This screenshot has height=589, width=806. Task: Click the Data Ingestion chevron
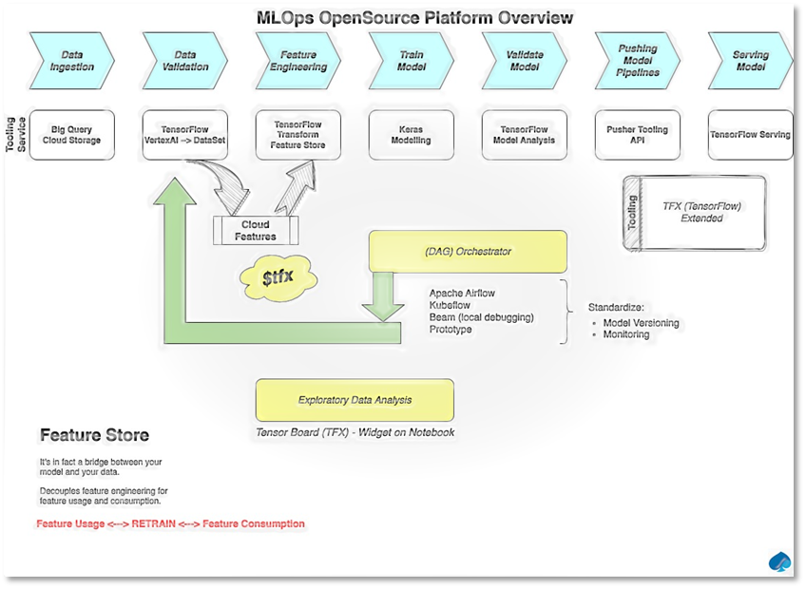pyautogui.click(x=72, y=62)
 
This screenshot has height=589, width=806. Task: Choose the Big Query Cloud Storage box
pyautogui.click(x=72, y=135)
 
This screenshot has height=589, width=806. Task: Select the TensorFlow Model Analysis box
pyautogui.click(x=525, y=135)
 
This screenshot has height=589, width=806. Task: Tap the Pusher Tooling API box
pyautogui.click(x=638, y=135)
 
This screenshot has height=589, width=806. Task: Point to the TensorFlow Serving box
pyautogui.click(x=750, y=135)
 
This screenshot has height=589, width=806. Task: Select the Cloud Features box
pyautogui.click(x=256, y=231)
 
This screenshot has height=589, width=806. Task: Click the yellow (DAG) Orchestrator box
pyautogui.click(x=468, y=252)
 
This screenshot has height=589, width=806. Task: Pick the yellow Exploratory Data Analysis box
pyautogui.click(x=355, y=401)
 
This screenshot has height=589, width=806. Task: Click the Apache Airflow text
pyautogui.click(x=462, y=294)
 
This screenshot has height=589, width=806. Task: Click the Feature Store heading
pyautogui.click(x=94, y=436)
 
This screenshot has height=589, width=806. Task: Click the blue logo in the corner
pyautogui.click(x=779, y=562)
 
